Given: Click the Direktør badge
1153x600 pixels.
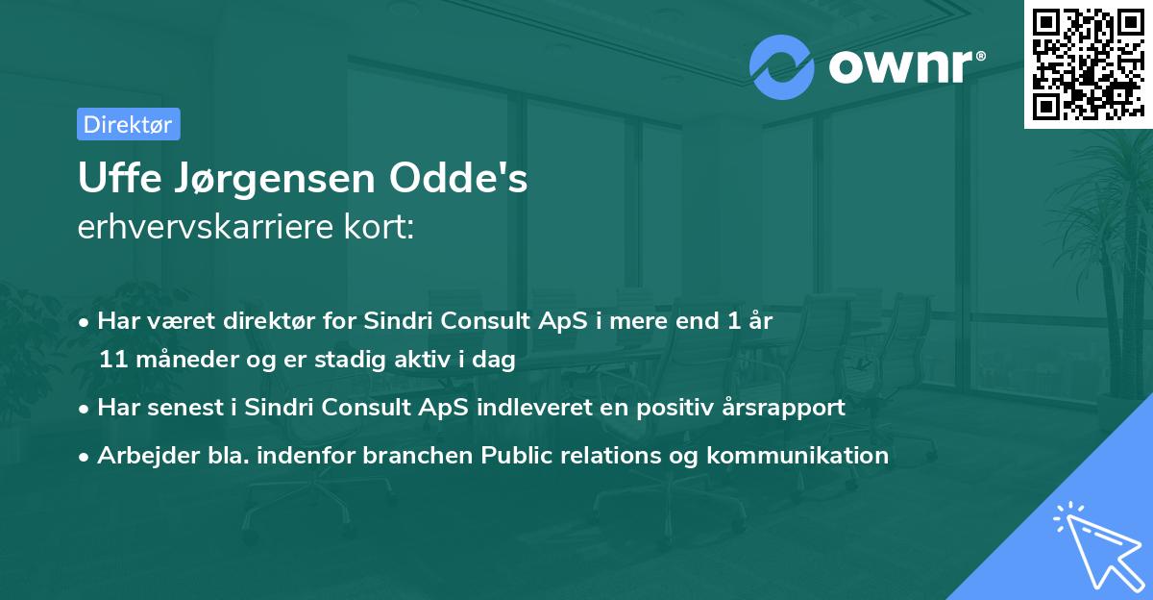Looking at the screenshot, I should click(x=128, y=124).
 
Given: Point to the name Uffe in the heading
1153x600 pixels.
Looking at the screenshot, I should click(x=115, y=180).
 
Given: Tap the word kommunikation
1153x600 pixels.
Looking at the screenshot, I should click(x=797, y=455).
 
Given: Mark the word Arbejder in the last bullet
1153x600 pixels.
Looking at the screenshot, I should click(x=141, y=455).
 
